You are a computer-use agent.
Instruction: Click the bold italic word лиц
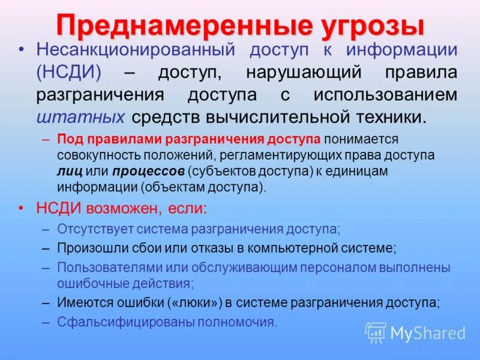(67, 171)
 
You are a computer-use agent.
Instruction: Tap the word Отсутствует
(95, 229)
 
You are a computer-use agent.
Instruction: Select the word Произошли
(87, 247)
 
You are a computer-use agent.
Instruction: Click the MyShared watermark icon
(376, 332)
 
